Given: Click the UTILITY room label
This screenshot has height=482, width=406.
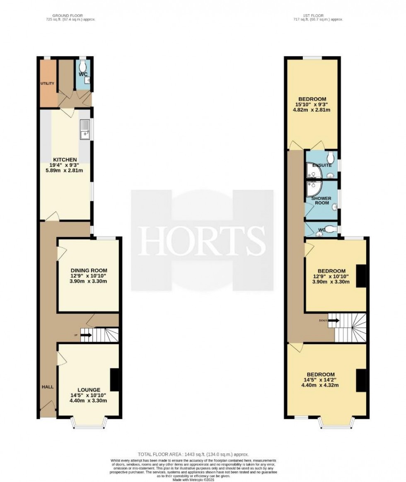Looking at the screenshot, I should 47,84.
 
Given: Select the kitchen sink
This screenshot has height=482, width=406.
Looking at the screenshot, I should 85,130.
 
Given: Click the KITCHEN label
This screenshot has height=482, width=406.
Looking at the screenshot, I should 65,160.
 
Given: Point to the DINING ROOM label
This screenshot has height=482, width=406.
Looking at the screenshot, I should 89,271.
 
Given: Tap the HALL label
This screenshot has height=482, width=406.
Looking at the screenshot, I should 47,387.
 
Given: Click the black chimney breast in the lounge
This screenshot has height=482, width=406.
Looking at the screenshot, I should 115,378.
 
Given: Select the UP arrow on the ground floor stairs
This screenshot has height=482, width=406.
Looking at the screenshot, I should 86,335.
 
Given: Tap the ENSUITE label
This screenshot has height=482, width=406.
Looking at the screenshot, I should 322,166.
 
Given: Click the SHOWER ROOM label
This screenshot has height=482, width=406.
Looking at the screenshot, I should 322,201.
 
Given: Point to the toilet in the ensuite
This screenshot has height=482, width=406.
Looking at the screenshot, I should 330,157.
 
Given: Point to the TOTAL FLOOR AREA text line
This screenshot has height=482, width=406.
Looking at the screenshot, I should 193,455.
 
